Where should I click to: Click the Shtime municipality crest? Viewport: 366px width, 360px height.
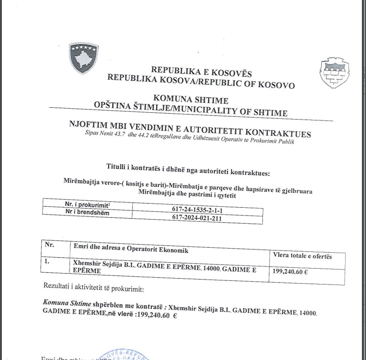(x=335, y=73)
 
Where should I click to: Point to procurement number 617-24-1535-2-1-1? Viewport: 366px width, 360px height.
(x=198, y=210)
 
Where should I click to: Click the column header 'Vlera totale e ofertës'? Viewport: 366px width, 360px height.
(x=302, y=256)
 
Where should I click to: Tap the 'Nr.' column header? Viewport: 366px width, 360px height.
(x=49, y=245)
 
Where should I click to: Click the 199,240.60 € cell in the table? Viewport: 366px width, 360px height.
(x=290, y=273)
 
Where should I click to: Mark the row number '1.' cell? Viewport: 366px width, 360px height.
(x=48, y=262)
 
